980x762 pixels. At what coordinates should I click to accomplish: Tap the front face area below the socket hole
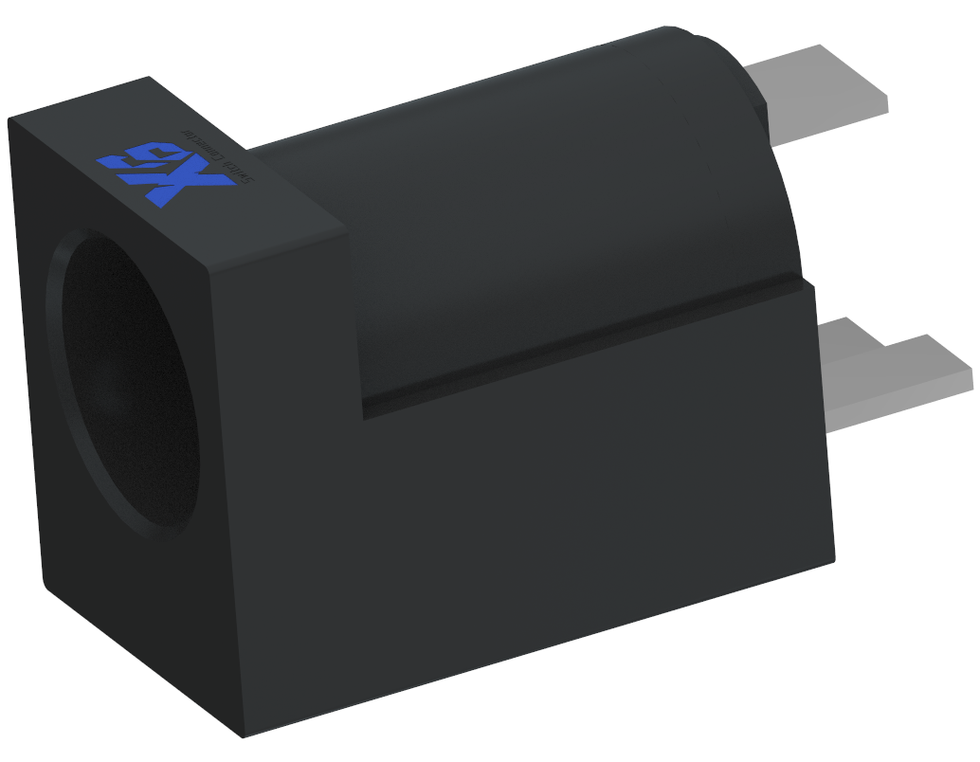coord(142,607)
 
